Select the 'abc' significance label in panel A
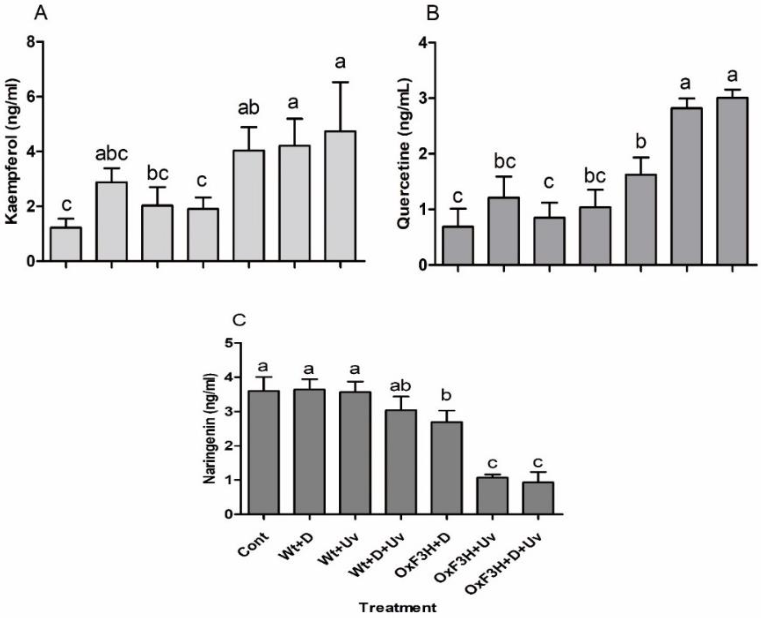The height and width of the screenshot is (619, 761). tap(111, 154)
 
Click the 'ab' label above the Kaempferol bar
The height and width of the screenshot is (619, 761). tap(249, 108)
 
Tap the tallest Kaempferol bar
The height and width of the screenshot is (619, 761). tap(340, 196)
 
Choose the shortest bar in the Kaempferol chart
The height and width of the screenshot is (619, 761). tap(66, 244)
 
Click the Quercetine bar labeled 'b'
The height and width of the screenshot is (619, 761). tap(641, 219)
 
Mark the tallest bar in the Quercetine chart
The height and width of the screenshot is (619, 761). tap(732, 181)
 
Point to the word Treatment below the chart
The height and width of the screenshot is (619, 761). tap(397, 607)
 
